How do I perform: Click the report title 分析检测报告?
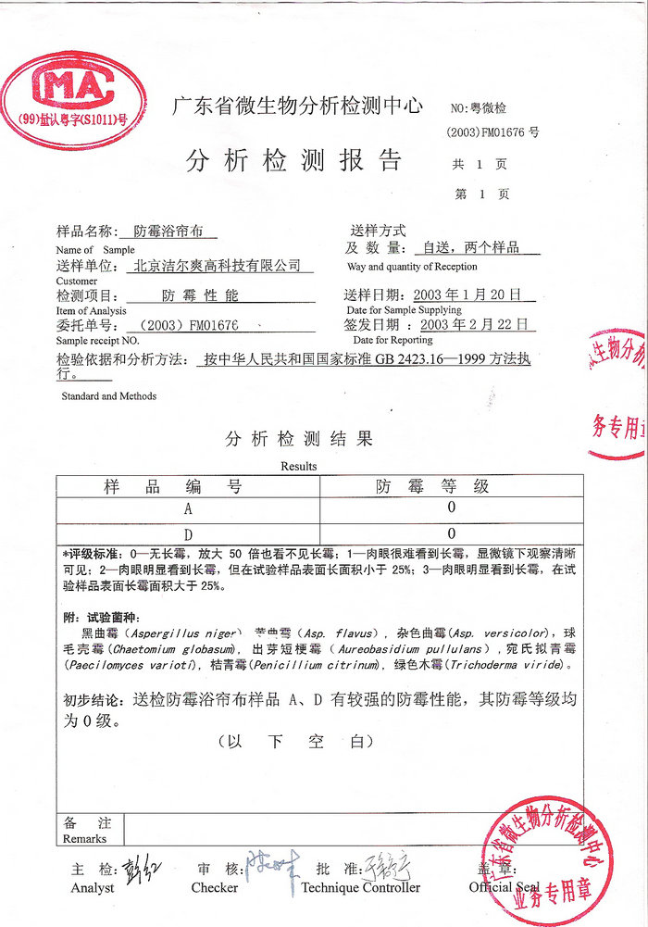point(294,160)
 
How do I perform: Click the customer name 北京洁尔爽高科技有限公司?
point(218,266)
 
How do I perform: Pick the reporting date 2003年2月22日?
point(478,325)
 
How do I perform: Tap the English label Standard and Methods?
point(108,396)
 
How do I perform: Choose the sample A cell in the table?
point(188,509)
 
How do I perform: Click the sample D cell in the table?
point(188,533)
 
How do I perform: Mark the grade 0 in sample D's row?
point(452,533)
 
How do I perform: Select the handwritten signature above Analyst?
point(138,870)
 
